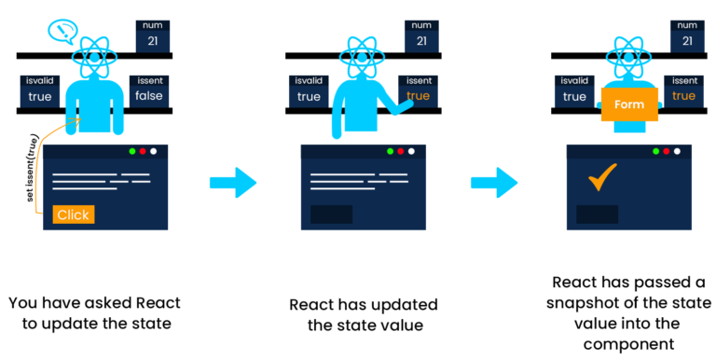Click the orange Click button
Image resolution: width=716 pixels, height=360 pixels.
pyautogui.click(x=74, y=215)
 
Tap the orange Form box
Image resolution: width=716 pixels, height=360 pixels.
pyautogui.click(x=629, y=104)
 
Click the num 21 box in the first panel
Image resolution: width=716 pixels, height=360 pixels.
pyautogui.click(x=151, y=36)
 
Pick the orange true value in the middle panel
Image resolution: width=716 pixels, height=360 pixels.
pyautogui.click(x=419, y=96)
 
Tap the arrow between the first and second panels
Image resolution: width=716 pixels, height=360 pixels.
pyautogui.click(x=232, y=181)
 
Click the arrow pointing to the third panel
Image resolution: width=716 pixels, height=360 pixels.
pyautogui.click(x=495, y=181)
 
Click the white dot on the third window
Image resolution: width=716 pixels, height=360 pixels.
pyautogui.click(x=680, y=151)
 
